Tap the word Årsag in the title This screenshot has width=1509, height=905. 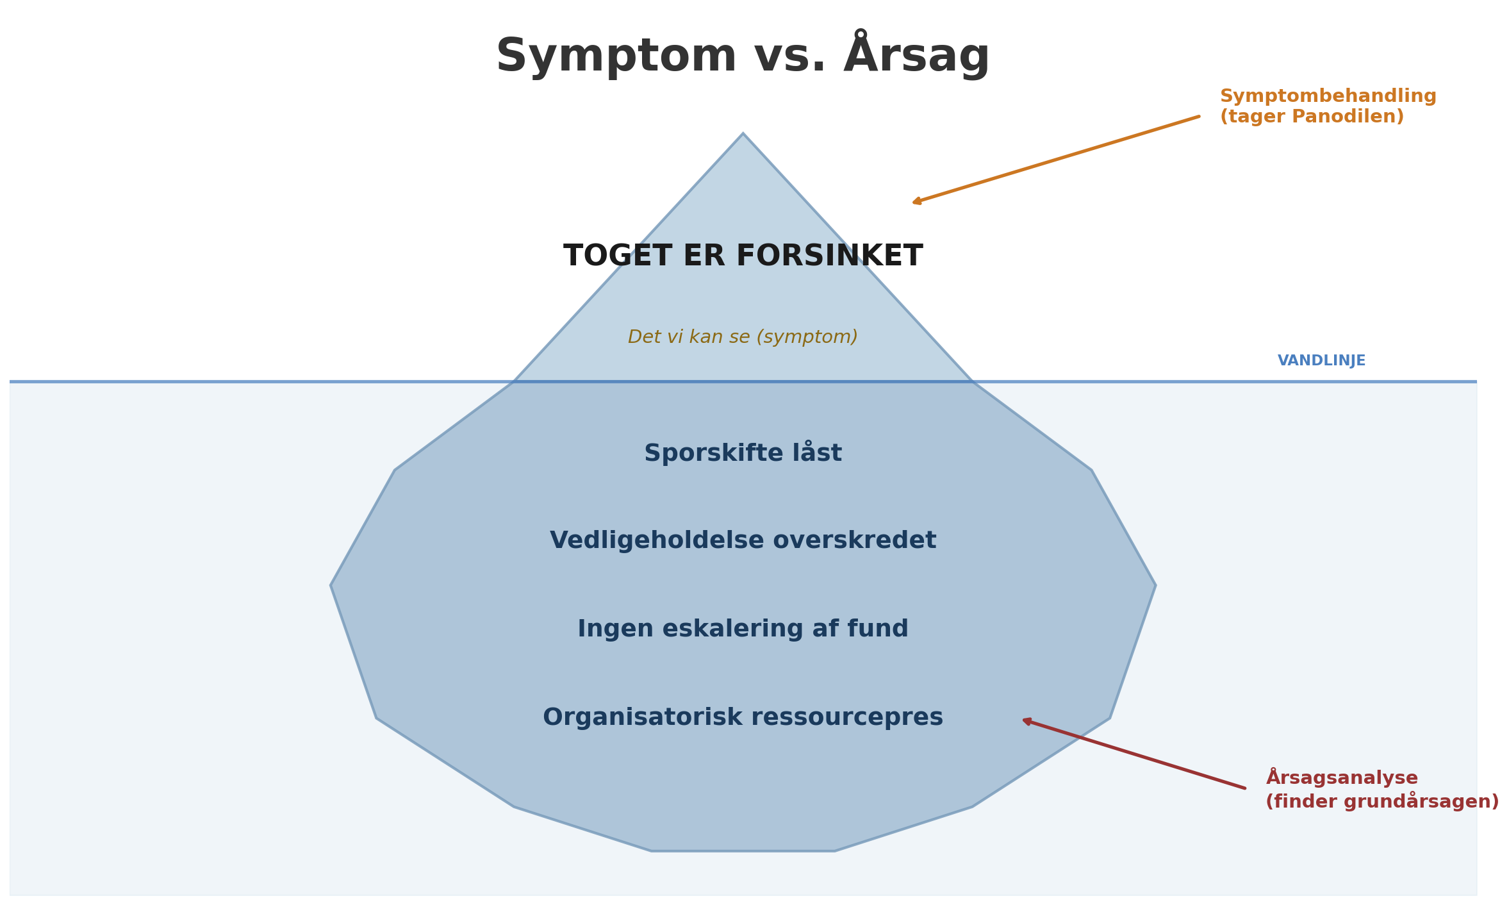[916, 56]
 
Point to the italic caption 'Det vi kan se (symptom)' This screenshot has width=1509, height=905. [743, 337]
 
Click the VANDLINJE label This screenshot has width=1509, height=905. [1321, 361]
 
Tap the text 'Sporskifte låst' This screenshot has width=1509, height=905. [743, 453]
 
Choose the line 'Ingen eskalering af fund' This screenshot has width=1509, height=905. [743, 629]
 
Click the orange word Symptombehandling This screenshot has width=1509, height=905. [1328, 96]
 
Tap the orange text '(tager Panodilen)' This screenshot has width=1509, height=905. [1311, 117]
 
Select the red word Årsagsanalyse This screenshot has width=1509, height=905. [1342, 778]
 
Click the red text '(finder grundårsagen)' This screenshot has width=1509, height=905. [1381, 801]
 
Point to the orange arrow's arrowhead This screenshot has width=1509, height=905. [916, 203]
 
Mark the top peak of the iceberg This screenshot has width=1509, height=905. [743, 135]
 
